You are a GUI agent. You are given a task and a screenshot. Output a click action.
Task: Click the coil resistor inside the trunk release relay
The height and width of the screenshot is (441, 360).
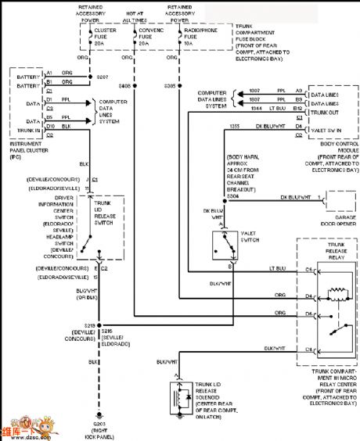click(x=338, y=293)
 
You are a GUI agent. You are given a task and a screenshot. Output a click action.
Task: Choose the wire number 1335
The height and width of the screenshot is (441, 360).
click(x=234, y=125)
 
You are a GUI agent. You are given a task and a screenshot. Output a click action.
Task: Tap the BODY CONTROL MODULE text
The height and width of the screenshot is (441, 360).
click(x=329, y=153)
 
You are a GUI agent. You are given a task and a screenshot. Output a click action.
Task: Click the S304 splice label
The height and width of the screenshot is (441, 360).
click(x=232, y=196)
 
